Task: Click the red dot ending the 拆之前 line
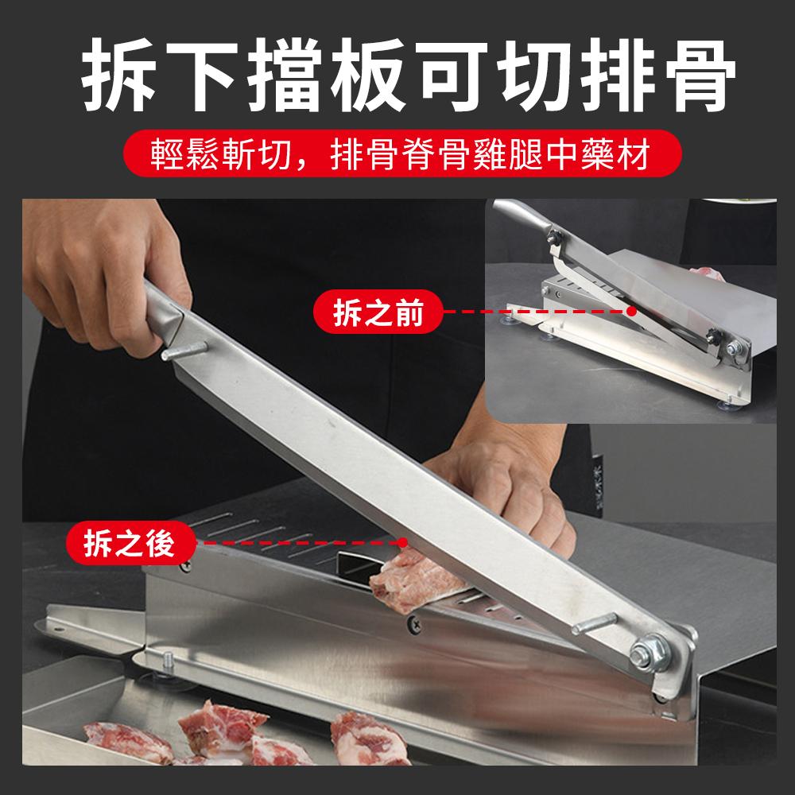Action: point(632,312)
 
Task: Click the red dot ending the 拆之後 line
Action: point(404,542)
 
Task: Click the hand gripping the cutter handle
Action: point(127,270)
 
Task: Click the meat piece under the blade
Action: point(413,580)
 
